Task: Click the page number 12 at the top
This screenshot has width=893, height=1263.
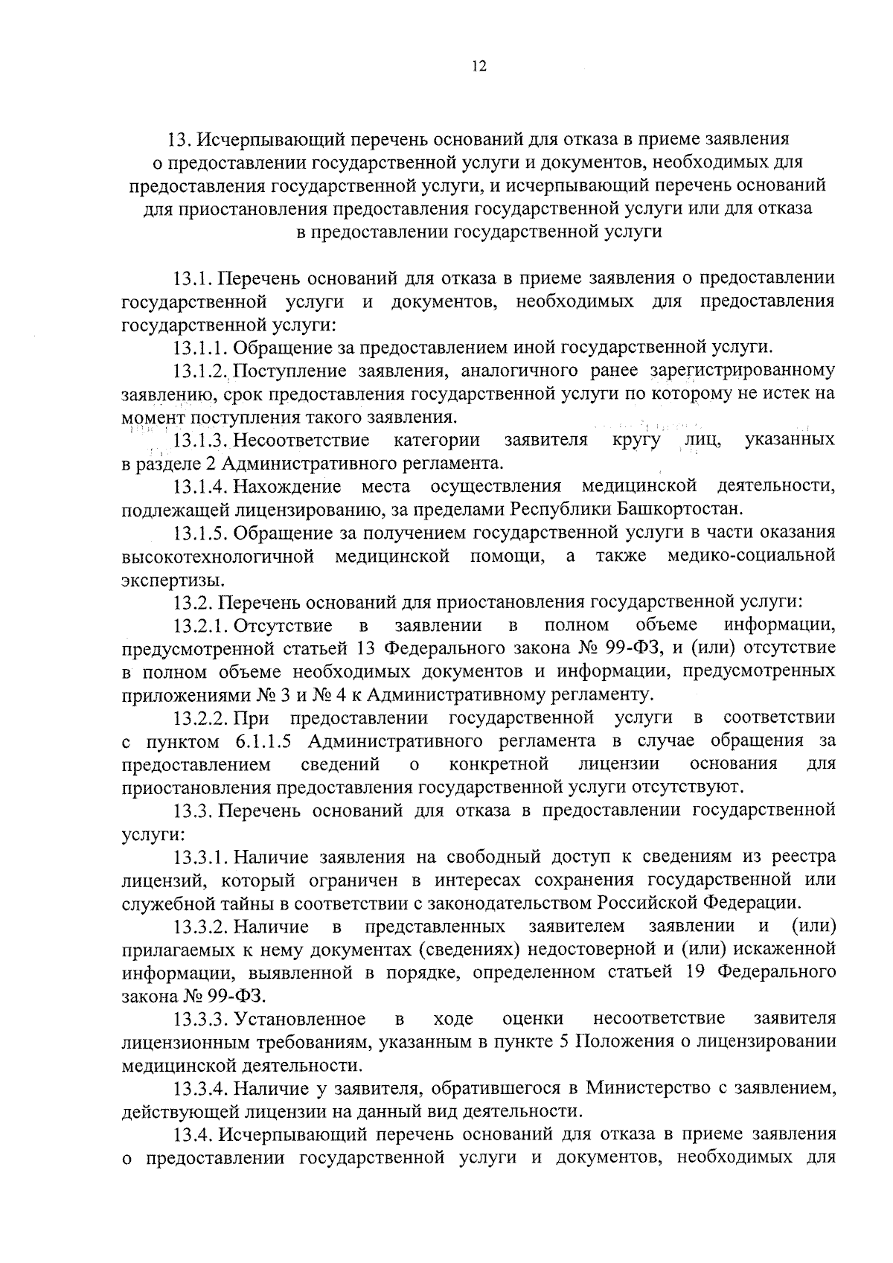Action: (x=478, y=67)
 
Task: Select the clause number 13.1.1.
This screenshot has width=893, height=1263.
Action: (x=202, y=348)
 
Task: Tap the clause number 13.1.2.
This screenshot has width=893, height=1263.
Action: (x=202, y=371)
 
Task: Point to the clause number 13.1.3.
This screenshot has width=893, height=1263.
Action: (x=202, y=440)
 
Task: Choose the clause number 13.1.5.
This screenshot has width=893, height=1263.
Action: (x=202, y=533)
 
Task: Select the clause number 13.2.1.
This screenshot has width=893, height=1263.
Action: (x=202, y=625)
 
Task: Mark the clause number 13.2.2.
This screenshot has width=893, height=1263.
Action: (x=202, y=718)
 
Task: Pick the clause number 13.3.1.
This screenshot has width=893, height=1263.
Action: (x=202, y=857)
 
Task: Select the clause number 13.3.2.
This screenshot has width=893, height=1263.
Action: (x=202, y=927)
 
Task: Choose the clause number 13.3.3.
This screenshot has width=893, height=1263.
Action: (x=202, y=1019)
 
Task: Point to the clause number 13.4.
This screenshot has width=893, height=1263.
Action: (x=193, y=1135)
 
